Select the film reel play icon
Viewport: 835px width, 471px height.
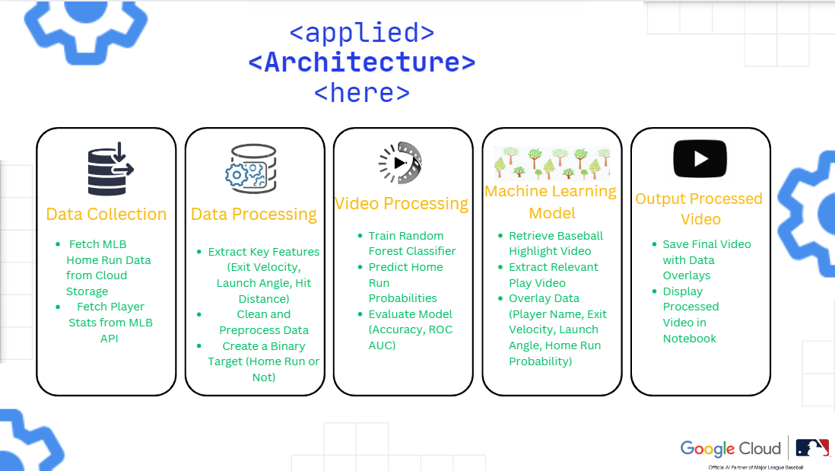pyautogui.click(x=400, y=162)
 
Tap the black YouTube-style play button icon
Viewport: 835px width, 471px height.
pyautogui.click(x=700, y=159)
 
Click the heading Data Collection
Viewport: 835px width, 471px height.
pyautogui.click(x=106, y=215)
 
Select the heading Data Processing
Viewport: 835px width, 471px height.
pyautogui.click(x=254, y=215)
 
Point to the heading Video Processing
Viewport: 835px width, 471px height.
pyautogui.click(x=402, y=204)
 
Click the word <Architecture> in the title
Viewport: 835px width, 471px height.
pyautogui.click(x=362, y=62)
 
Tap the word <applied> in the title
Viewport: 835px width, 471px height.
pyautogui.click(x=362, y=33)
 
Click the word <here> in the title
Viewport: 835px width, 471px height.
pyautogui.click(x=362, y=93)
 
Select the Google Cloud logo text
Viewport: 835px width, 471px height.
pyautogui.click(x=730, y=448)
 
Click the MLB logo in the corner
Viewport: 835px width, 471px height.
pyautogui.click(x=813, y=447)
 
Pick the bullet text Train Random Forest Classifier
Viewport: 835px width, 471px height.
pyautogui.click(x=411, y=243)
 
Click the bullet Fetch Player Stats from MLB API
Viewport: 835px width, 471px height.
pyautogui.click(x=110, y=323)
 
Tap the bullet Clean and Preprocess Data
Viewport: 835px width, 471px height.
pyautogui.click(x=264, y=322)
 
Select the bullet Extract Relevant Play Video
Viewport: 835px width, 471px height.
pyautogui.click(x=553, y=275)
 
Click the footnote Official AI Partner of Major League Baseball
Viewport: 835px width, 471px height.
pyautogui.click(x=755, y=466)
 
